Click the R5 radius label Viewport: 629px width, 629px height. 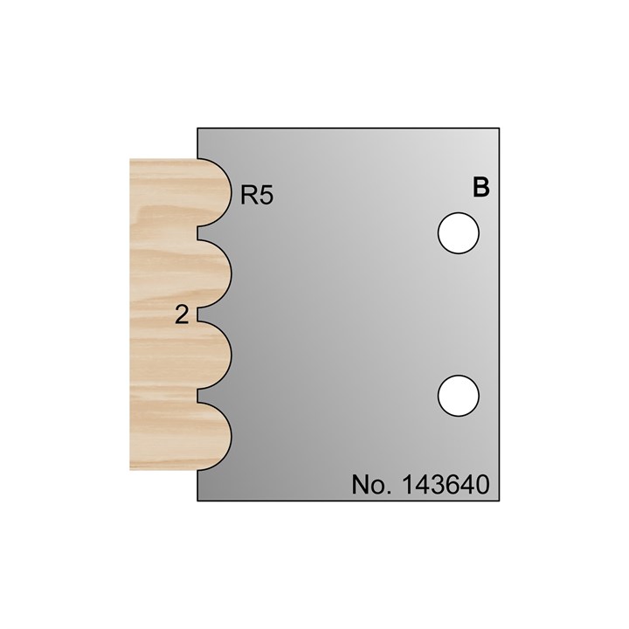(257, 195)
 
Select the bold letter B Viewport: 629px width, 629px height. (480, 187)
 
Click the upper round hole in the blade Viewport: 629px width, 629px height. (459, 234)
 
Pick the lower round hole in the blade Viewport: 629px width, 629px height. (459, 395)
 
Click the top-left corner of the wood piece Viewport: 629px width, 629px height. (130, 159)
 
